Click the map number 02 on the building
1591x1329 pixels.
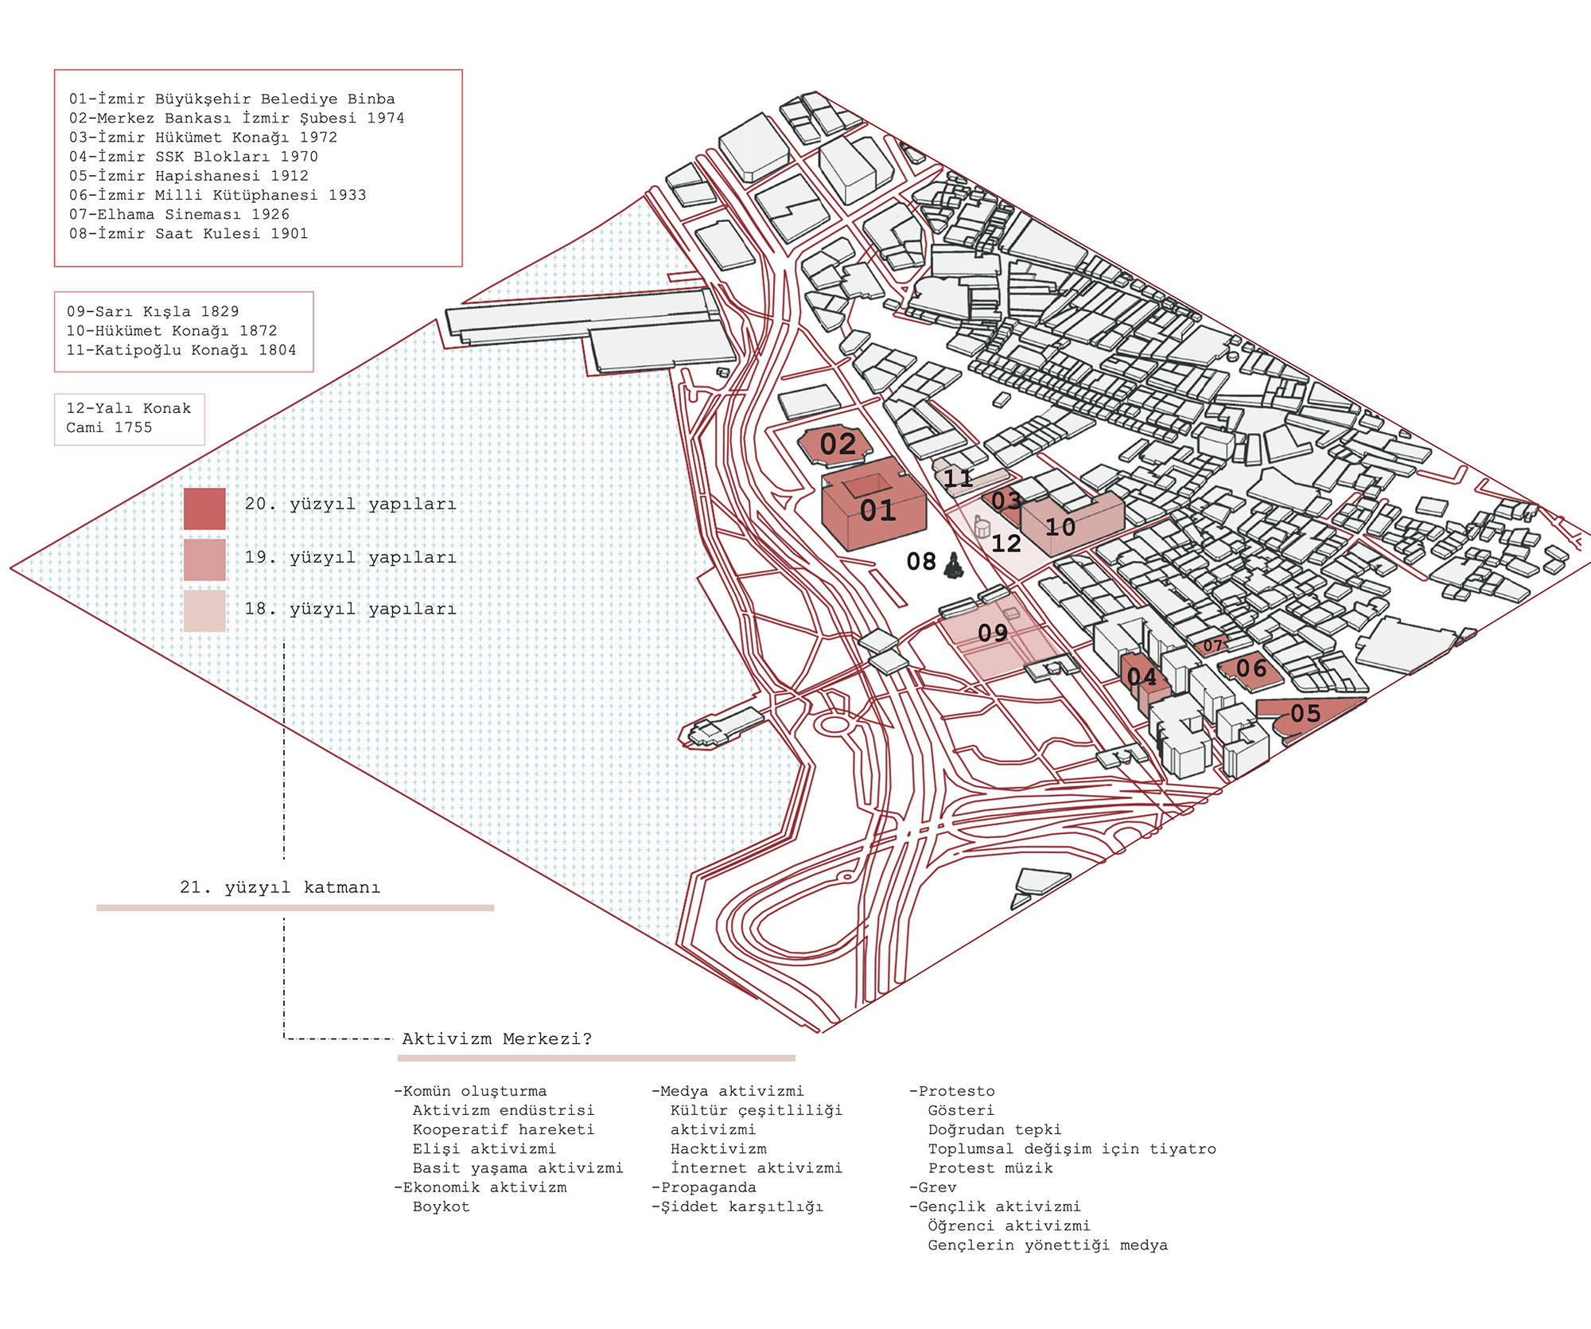[838, 444]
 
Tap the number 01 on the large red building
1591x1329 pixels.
[877, 510]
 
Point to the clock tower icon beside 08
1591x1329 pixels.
[954, 566]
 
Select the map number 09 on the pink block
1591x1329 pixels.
[992, 633]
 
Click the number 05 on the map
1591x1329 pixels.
[1305, 713]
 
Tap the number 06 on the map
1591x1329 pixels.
[1251, 668]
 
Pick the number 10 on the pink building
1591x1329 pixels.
[1060, 527]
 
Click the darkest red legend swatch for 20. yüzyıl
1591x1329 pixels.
[204, 509]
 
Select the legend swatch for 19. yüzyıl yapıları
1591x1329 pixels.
[204, 559]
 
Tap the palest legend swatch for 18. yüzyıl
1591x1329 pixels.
[204, 610]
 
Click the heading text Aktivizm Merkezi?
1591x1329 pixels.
[496, 1039]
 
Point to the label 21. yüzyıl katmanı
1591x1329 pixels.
[280, 887]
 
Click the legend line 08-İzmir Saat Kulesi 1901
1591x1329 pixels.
[189, 233]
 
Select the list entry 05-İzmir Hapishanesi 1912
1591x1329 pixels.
[189, 176]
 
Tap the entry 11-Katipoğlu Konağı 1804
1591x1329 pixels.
[181, 350]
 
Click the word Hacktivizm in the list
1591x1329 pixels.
[718, 1148]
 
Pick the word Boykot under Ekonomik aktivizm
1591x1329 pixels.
[441, 1206]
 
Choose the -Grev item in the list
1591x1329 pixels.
[933, 1187]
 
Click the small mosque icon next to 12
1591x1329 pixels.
[982, 526]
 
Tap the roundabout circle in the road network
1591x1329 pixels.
[834, 724]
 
